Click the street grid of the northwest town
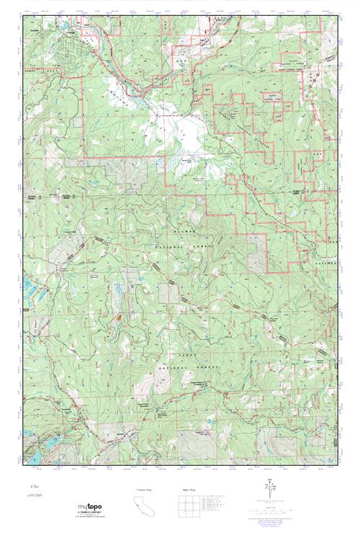76,54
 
